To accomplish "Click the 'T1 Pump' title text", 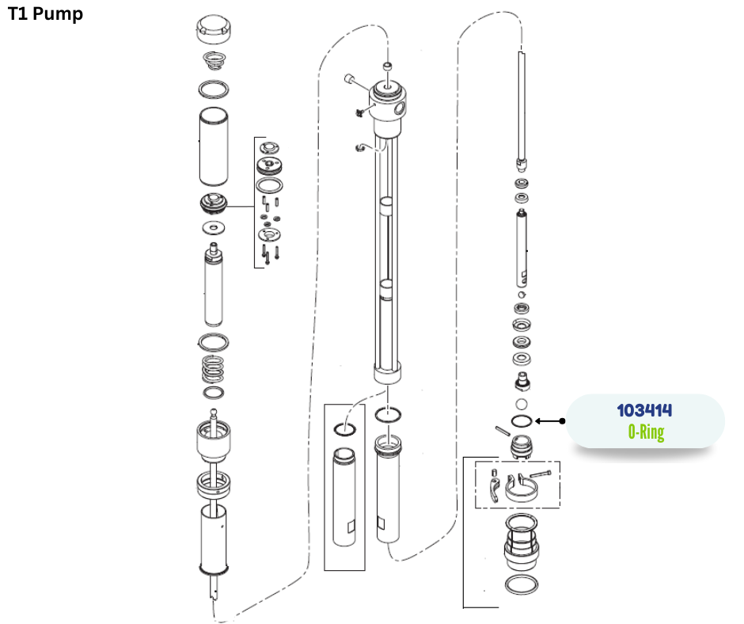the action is click(46, 14).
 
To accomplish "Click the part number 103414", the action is click(644, 410).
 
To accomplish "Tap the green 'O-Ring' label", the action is click(646, 432).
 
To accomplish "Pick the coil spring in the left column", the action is click(213, 369).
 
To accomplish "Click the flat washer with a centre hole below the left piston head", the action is click(214, 228).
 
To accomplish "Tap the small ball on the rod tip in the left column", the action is click(214, 413).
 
